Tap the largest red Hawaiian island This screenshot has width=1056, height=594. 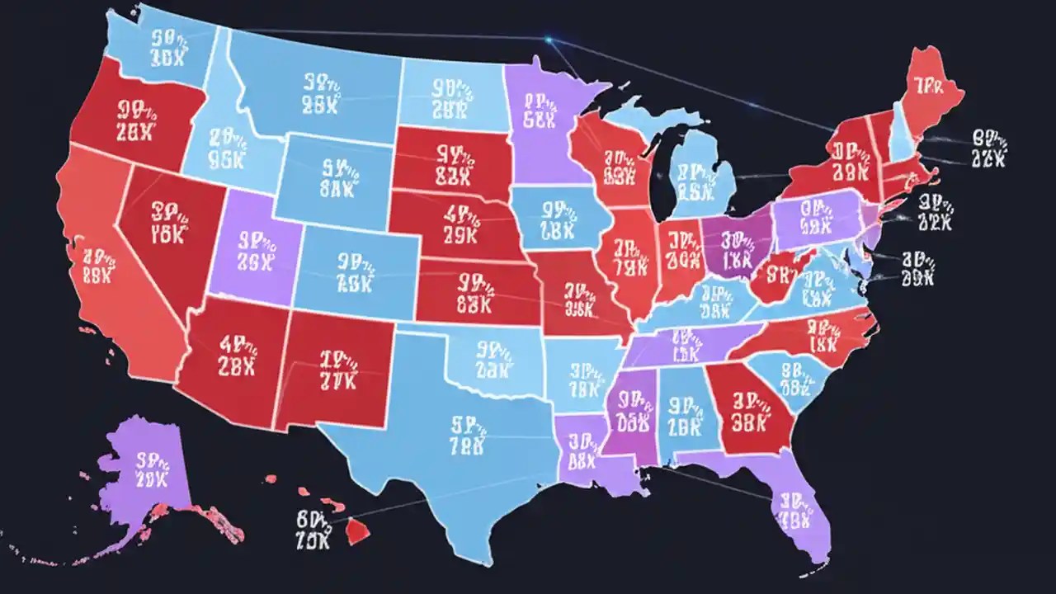coord(357,532)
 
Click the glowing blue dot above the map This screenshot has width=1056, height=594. coord(549,38)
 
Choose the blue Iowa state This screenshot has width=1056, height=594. coord(557,219)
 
